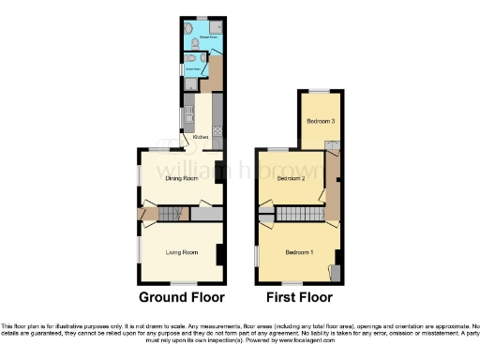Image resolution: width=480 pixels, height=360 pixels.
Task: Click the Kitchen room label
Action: click(x=201, y=138)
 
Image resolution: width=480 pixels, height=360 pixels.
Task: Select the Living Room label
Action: click(x=182, y=252)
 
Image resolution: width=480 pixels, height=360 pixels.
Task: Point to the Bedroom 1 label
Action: click(x=300, y=253)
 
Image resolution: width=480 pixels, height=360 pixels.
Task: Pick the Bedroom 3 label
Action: click(x=321, y=121)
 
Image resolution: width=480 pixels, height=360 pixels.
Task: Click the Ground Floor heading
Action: click(x=182, y=298)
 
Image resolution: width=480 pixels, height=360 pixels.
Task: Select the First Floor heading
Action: click(x=301, y=298)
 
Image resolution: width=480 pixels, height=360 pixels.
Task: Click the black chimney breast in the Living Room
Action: click(x=219, y=254)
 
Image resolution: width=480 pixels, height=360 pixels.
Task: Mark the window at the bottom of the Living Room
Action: click(x=183, y=283)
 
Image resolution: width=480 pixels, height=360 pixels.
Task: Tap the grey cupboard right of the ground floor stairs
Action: click(x=206, y=215)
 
